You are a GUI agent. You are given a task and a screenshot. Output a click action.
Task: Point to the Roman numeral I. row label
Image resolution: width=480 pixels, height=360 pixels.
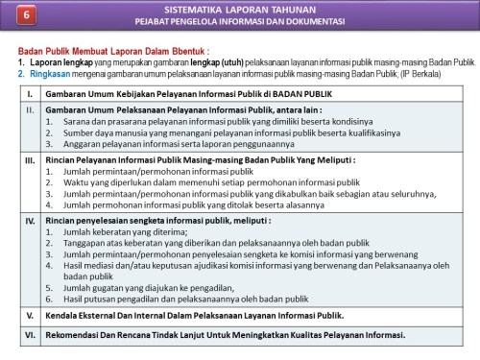[x=30, y=94]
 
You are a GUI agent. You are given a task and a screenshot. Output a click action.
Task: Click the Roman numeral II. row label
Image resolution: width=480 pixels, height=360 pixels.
[x=30, y=111]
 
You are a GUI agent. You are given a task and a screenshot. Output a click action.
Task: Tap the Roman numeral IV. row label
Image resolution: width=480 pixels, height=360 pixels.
[x=30, y=220]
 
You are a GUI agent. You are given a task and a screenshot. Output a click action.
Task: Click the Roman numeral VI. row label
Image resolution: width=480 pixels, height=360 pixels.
[x=30, y=335]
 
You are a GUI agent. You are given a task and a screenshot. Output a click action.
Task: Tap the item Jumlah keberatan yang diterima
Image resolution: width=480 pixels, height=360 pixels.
[x=116, y=231]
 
